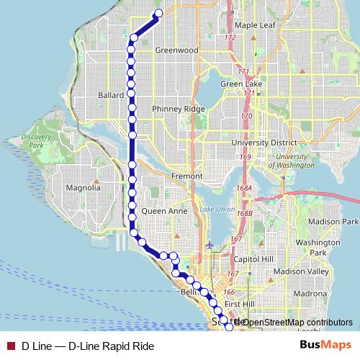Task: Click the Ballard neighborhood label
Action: point(112,95)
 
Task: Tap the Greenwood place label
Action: point(176,51)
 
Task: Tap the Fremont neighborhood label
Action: point(175,176)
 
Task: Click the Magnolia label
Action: point(83,188)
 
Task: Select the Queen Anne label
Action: point(165,212)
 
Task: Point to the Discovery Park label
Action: point(33,140)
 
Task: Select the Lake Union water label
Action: point(214,210)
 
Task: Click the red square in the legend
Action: point(10,346)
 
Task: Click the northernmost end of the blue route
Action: point(159,14)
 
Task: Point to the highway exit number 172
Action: point(230,37)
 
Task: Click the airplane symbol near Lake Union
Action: point(209,245)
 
